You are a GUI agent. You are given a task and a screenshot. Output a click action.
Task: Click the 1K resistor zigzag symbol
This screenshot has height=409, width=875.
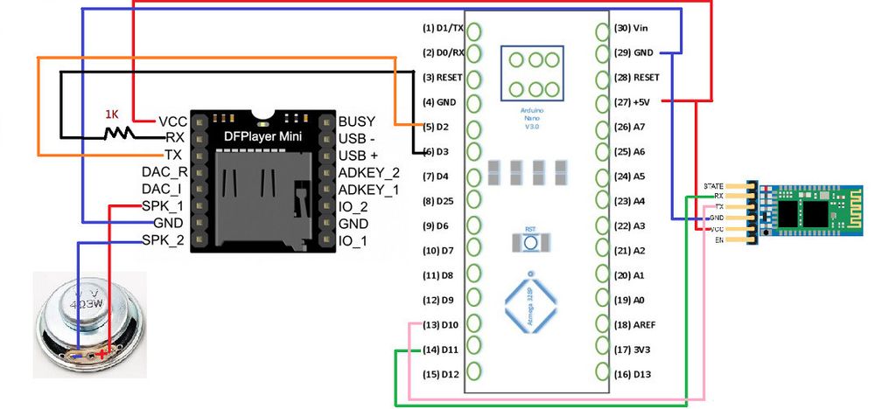pyautogui.click(x=116, y=134)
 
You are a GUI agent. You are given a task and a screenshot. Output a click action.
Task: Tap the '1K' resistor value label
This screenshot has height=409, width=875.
pyautogui.click(x=111, y=115)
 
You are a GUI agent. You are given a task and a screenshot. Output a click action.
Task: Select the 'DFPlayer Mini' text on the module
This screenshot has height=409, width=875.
pyautogui.click(x=262, y=137)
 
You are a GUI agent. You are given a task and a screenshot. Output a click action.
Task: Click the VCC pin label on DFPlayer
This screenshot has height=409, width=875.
pyautogui.click(x=171, y=121)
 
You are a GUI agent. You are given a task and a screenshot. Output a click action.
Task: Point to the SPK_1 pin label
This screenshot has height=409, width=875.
pyautogui.click(x=163, y=206)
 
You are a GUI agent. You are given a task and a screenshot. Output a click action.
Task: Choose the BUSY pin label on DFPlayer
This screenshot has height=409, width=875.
pyautogui.click(x=358, y=121)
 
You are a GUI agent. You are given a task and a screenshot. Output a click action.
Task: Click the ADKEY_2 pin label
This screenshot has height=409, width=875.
pyautogui.click(x=368, y=172)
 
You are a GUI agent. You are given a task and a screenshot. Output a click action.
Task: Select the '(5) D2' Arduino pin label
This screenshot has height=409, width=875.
pyautogui.click(x=436, y=127)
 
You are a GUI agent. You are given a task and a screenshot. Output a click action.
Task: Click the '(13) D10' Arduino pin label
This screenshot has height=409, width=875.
pyautogui.click(x=438, y=325)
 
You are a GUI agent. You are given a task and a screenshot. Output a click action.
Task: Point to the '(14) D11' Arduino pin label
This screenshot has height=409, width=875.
pyautogui.click(x=438, y=350)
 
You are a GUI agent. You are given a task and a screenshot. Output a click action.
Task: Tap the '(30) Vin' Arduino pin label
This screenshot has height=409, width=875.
pyautogui.click(x=631, y=28)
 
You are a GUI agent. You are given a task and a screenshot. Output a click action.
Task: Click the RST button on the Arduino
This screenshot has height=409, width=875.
pyautogui.click(x=530, y=241)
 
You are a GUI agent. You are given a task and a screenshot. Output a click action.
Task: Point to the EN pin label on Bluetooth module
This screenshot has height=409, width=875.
pyautogui.click(x=718, y=239)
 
